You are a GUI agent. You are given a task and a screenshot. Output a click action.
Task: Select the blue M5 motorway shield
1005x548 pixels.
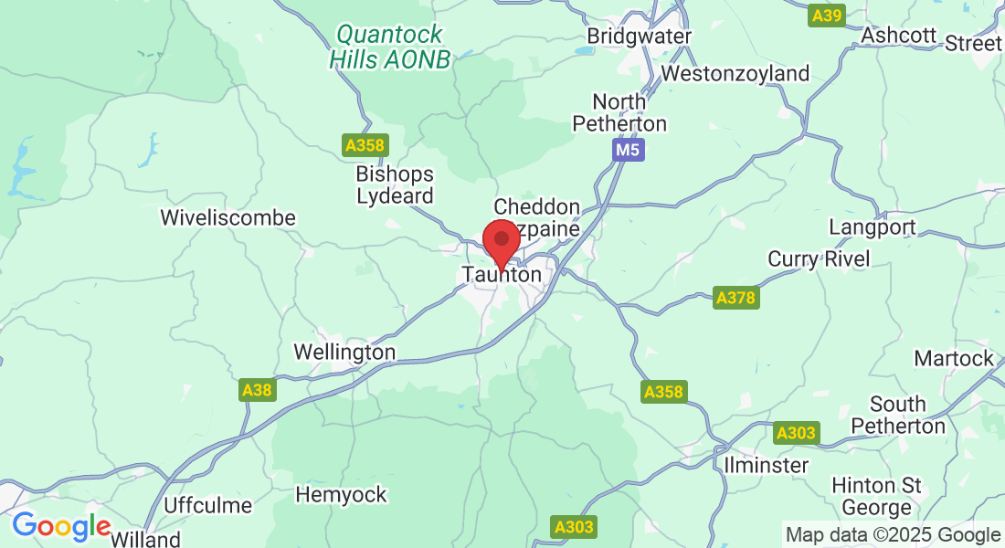(x=628, y=150)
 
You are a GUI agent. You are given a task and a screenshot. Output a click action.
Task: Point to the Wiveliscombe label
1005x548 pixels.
(x=227, y=218)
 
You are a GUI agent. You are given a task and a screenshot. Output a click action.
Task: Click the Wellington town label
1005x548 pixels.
(x=344, y=352)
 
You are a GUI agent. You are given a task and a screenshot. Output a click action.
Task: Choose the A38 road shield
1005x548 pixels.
(x=257, y=391)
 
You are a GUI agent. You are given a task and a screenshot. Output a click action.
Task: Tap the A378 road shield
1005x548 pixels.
(x=735, y=298)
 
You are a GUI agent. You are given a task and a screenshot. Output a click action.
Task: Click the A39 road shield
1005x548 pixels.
(x=828, y=15)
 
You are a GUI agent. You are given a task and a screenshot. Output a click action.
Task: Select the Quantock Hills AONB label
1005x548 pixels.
(x=390, y=47)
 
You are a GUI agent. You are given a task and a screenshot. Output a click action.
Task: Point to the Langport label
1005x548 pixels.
(x=872, y=227)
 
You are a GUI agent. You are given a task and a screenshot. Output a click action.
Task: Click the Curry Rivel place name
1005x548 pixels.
(x=819, y=259)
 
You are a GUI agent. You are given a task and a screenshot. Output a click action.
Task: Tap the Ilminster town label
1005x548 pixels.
(x=766, y=465)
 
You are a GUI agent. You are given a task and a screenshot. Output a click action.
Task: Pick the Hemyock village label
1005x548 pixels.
(x=341, y=495)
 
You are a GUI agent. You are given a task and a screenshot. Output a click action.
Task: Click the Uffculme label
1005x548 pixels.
(x=208, y=505)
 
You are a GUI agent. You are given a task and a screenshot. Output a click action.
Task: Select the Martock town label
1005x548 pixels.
(x=953, y=358)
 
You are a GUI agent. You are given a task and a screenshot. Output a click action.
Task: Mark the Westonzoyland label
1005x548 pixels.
(x=735, y=73)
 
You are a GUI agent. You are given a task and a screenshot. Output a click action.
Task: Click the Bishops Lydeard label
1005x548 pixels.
(x=395, y=184)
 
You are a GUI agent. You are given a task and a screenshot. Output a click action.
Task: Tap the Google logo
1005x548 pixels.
(x=61, y=526)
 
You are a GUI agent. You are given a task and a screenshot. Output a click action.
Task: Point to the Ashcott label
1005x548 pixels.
(x=899, y=35)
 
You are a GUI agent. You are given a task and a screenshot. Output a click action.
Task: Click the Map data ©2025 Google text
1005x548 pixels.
(x=893, y=535)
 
